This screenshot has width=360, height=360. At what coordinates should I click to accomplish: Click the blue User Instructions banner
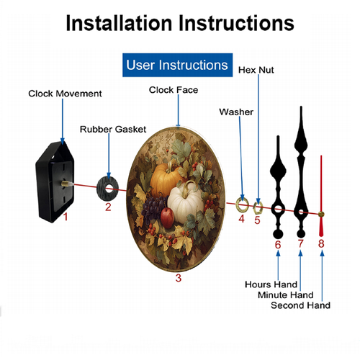(177, 65)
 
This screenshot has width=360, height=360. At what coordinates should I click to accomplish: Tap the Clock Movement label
(65, 94)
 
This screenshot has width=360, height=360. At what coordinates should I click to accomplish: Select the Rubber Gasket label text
(113, 130)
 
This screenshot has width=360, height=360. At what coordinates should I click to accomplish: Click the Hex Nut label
(256, 70)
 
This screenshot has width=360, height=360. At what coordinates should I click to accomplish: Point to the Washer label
(236, 112)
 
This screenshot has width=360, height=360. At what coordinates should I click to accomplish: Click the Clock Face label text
(174, 90)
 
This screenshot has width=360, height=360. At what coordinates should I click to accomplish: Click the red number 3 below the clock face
(179, 278)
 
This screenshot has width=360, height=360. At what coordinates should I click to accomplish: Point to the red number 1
(66, 217)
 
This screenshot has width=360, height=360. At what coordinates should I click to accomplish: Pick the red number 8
(321, 243)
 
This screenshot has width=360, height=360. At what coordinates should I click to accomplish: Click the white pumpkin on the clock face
(185, 202)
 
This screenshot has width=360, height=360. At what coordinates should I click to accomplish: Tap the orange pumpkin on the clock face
(165, 179)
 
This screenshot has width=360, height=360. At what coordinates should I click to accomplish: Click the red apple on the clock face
(167, 217)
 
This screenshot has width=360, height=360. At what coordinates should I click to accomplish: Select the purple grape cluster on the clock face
(153, 207)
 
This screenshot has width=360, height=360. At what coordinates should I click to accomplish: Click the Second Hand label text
(300, 305)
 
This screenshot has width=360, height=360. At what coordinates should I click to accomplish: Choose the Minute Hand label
(286, 294)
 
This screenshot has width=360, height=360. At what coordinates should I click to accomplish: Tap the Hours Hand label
(271, 284)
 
